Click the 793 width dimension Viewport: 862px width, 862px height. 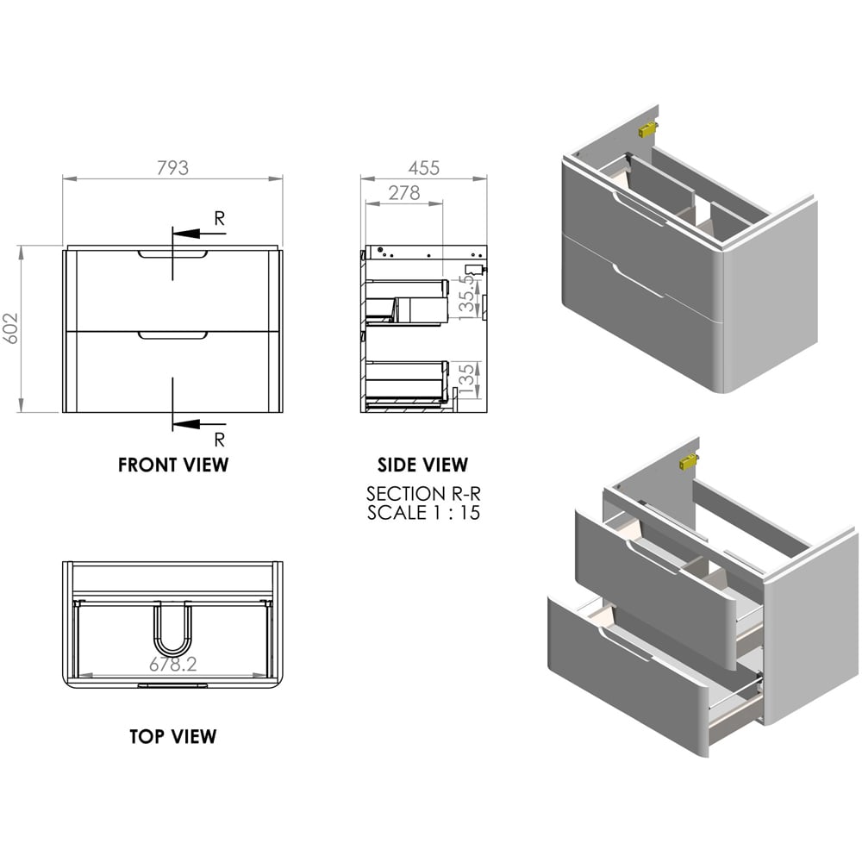pos(172,168)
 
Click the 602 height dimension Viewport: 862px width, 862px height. pos(11,328)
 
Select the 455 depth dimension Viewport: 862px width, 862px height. pos(424,168)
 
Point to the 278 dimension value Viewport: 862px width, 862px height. pos(404,192)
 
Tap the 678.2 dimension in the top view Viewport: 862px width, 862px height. pos(172,664)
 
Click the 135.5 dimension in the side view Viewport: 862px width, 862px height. pos(466,297)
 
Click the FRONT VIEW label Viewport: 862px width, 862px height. pos(173,465)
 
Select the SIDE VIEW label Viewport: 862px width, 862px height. pos(422,465)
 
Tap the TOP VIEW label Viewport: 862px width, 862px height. pos(173,736)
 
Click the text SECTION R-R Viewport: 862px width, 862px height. pos(423,493)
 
